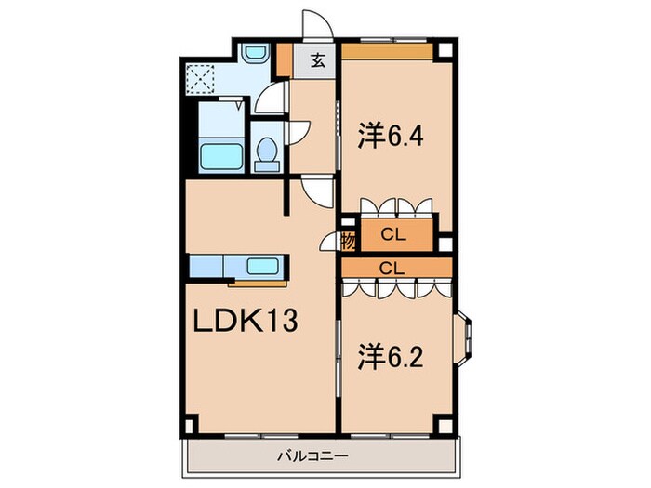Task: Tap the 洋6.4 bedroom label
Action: click(x=391, y=137)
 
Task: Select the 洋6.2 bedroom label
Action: click(x=391, y=356)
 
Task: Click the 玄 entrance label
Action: click(x=317, y=61)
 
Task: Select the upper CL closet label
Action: click(x=395, y=235)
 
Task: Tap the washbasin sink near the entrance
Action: click(x=253, y=54)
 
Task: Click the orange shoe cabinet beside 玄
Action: click(x=288, y=61)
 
